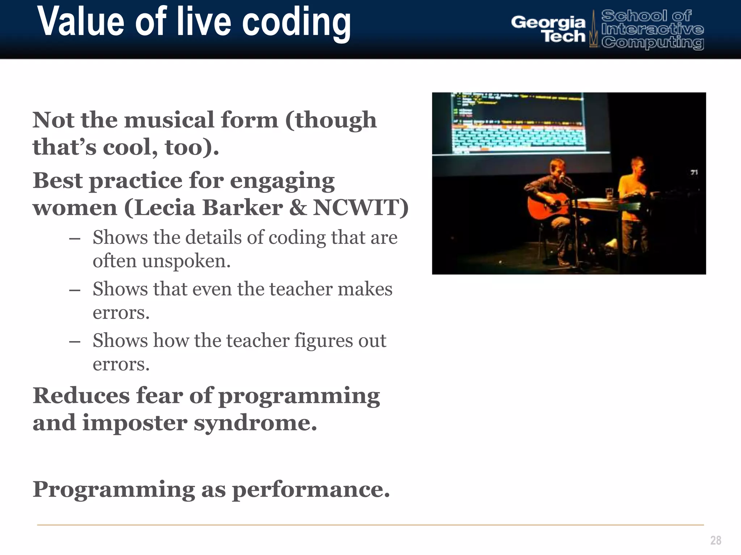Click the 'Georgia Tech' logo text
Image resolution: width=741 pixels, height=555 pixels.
[548, 29]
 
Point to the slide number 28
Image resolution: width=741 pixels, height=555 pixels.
[715, 540]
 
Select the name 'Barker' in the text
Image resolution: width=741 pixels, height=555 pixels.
[242, 208]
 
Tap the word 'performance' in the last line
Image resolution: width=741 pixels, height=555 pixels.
[310, 489]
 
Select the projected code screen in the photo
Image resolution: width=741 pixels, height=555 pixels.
[517, 123]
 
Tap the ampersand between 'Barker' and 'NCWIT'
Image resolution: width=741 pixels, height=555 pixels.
[297, 208]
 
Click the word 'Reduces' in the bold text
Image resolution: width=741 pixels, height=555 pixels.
[81, 396]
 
